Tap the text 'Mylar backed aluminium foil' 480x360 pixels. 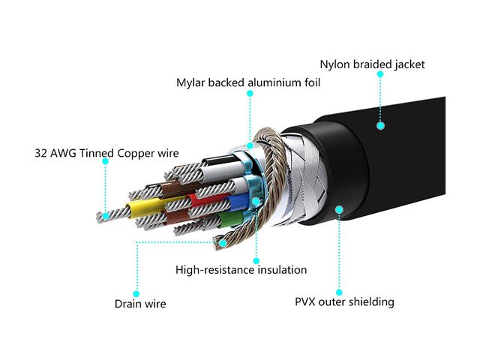tap(248, 82)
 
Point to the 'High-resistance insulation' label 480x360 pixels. tap(241, 270)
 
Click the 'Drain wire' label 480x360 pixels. tap(140, 304)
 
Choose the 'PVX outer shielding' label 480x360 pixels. tap(344, 302)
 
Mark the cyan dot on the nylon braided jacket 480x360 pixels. tap(381, 127)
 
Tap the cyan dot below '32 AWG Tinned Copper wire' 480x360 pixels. tap(106, 215)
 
